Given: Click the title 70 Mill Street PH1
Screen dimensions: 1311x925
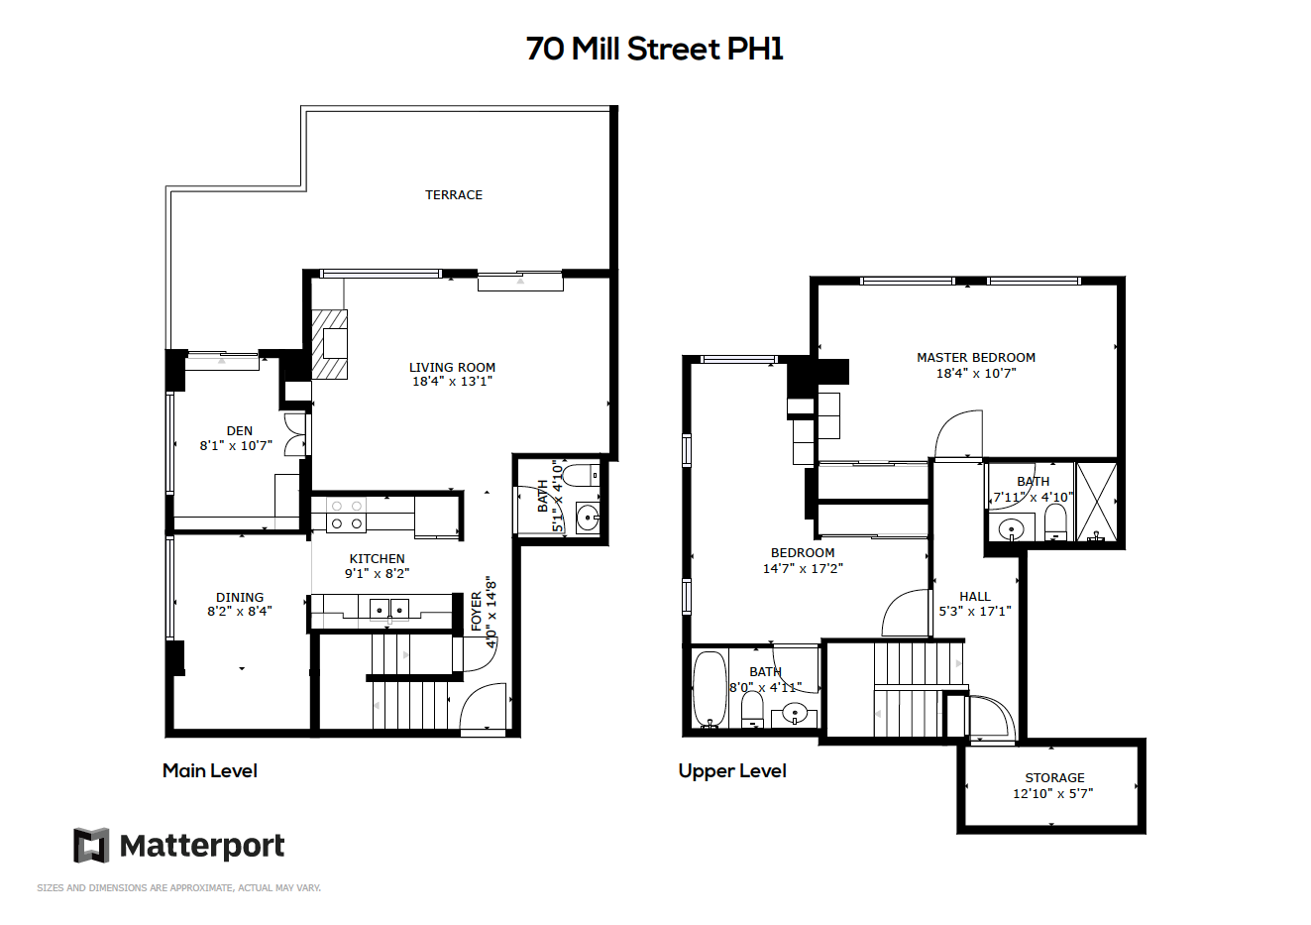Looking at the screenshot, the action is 654,49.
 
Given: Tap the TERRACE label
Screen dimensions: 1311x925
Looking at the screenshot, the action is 454,195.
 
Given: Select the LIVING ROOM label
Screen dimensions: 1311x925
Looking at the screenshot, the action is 452,367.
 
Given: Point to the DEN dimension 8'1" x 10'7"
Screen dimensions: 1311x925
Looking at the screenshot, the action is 237,445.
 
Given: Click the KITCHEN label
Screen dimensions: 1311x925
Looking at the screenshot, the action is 377,558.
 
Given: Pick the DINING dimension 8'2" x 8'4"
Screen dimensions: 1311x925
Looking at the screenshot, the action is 240,611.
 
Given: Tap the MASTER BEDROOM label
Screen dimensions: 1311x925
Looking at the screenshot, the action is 976,357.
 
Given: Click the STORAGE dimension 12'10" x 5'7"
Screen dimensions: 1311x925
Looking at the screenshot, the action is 1053,793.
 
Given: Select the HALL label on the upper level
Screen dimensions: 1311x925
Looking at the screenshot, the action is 974,596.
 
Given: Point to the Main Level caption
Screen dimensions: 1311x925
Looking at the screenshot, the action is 209,770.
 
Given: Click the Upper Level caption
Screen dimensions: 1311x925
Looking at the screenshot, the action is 732,771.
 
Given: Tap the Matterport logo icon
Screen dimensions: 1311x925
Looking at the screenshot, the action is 91,845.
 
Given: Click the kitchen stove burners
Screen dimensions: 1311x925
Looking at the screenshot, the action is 347,515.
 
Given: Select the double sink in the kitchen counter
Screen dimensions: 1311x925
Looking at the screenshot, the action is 389,609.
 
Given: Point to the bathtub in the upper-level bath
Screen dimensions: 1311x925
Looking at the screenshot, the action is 710,689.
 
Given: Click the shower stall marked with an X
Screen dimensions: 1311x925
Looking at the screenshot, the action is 1096,501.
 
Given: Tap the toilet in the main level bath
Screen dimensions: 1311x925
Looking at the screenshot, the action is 584,475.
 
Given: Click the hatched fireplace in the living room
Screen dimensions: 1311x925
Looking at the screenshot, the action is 329,344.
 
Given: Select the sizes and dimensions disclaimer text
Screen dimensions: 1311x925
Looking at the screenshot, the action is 178,888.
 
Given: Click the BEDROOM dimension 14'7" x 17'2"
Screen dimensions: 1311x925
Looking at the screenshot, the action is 803,568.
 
